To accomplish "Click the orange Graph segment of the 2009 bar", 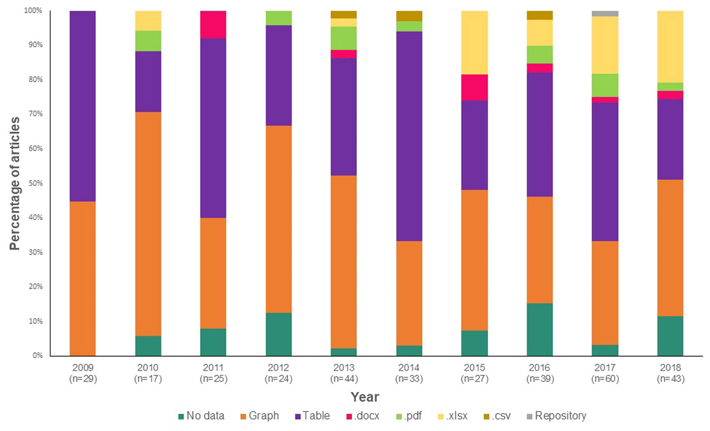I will coord(75,278).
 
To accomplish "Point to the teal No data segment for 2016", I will coord(540,329).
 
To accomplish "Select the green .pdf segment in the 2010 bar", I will coord(148,41).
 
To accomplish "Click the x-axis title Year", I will coord(364,397).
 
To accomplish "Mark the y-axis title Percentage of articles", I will coord(14,183).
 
